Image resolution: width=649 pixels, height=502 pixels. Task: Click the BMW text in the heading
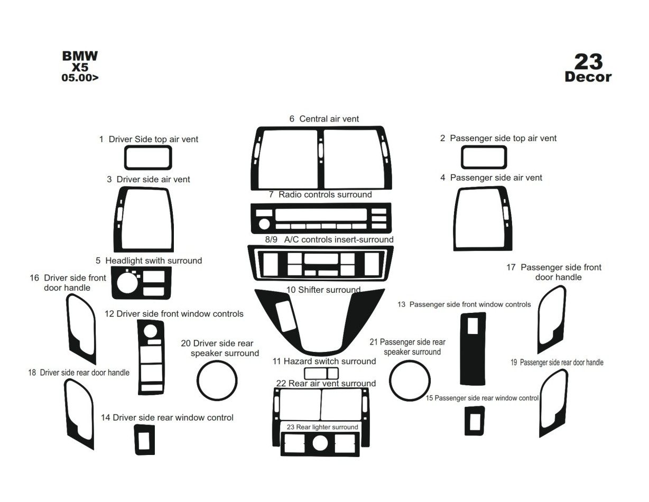[x=80, y=56]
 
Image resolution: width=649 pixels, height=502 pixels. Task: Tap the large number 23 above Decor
[x=588, y=62]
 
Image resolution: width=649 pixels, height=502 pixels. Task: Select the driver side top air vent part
[x=148, y=157]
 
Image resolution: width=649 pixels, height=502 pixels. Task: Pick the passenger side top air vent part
[x=484, y=157]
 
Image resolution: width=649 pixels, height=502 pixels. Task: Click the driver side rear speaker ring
[x=217, y=380]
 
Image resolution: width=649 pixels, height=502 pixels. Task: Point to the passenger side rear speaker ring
[x=410, y=380]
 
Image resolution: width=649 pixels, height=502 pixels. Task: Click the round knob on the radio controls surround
[x=264, y=224]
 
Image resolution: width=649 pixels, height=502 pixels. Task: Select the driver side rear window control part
[x=144, y=440]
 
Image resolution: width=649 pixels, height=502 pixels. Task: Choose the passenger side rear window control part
[x=475, y=421]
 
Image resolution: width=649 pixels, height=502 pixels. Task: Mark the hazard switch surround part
[x=321, y=374]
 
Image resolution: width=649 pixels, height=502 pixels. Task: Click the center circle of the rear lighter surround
[x=320, y=443]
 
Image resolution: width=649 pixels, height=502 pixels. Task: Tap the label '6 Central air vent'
[x=323, y=119]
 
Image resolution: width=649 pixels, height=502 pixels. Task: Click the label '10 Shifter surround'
[x=323, y=290]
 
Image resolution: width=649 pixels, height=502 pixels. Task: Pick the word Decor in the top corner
[x=588, y=77]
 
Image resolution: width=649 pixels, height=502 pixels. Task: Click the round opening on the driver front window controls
[x=150, y=331]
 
